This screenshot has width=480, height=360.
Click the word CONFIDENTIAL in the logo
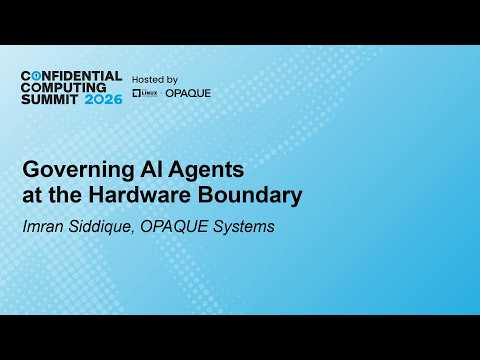pos(71,76)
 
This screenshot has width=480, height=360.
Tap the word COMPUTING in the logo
pos(63,88)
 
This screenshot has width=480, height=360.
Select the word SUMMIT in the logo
pos(50,99)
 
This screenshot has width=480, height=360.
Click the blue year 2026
pos(103,99)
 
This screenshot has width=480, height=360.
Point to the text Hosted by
pos(155,80)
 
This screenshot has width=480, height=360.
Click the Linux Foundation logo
pos(145,93)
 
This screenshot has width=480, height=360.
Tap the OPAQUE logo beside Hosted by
pos(188,93)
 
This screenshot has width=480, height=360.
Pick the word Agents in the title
pos(206,171)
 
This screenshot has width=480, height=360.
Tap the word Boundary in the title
pos(250,196)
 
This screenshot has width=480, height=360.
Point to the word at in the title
pos(33,196)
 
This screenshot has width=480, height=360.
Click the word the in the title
pos(65,195)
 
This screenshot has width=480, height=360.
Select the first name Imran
pos(43,226)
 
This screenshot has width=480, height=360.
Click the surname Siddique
pos(101,227)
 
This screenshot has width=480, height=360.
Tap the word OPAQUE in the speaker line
pos(174,227)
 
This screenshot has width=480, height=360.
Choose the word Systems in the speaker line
pos(244,227)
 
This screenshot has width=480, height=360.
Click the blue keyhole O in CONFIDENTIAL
pos(36,76)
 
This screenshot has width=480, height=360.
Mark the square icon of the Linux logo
pos(136,93)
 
